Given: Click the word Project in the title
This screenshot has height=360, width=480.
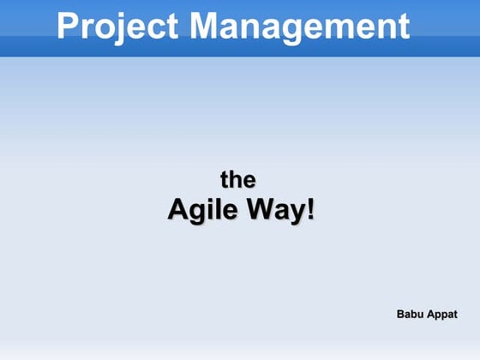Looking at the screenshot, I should coord(118,27).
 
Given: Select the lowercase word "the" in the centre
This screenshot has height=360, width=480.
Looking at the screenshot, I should coord(238,180).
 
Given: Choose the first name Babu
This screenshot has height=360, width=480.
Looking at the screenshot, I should coord(411,315).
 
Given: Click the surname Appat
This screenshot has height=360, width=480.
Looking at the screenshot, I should coord(442,315).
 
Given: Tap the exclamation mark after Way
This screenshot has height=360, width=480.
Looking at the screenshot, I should coord(309,208).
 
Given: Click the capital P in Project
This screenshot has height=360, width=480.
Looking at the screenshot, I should coord(69,27).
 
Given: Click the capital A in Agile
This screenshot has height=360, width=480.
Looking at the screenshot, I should coord(178,208).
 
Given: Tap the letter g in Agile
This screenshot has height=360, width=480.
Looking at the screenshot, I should coord(201,213).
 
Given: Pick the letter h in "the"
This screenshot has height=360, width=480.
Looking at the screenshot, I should coord(238,179).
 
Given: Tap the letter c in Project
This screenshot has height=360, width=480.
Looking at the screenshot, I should coord(153,28).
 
